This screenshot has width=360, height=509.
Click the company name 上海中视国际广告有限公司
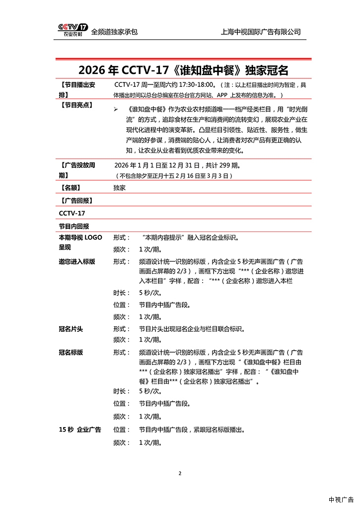tap(261, 32)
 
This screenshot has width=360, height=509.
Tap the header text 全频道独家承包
tap(114, 32)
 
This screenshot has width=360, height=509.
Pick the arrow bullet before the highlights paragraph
tap(115, 109)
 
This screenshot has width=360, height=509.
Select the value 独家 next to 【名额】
tap(120, 188)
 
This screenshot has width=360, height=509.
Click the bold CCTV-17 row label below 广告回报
tap(72, 214)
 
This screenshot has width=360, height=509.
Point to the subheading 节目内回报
tap(73, 226)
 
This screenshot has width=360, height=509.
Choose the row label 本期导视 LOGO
tap(80, 237)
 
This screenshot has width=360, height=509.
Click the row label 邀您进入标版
tap(77, 262)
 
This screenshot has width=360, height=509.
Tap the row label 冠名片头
tap(71, 329)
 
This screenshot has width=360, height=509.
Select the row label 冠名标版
tap(71, 353)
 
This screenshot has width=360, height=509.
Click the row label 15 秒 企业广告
tap(80, 430)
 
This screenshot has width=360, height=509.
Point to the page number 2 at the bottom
tap(180, 473)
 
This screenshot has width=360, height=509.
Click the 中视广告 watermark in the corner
tap(341, 500)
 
